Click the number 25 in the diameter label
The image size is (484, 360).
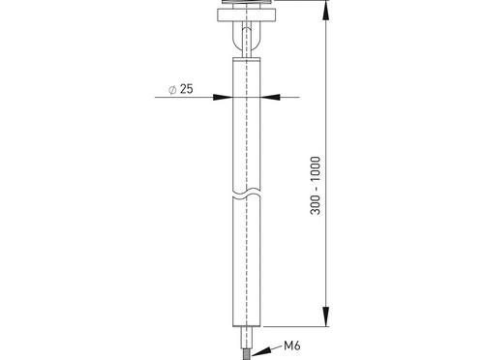[187, 89]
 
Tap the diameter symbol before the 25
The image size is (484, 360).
[172, 90]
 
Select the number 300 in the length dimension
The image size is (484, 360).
[316, 205]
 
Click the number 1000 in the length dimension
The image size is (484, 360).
[316, 169]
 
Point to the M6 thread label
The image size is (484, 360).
[292, 345]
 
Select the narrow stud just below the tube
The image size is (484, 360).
[247, 338]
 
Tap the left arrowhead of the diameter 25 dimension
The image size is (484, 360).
[223, 97]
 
